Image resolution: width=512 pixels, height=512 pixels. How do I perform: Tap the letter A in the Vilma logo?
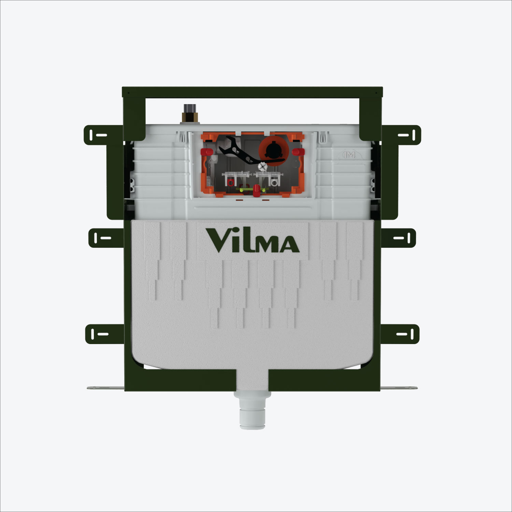point(288,244)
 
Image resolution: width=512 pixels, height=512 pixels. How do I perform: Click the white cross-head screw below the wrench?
point(262,167)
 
